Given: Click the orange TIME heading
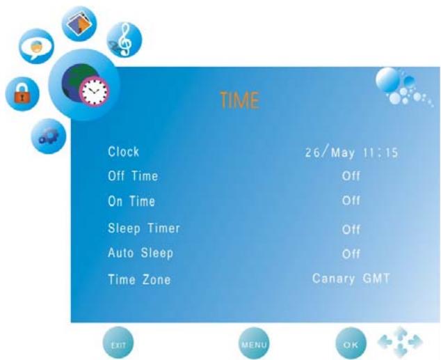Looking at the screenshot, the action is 239,100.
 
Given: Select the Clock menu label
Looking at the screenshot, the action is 124,152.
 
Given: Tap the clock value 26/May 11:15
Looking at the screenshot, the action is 351,152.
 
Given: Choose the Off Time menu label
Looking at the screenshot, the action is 133,176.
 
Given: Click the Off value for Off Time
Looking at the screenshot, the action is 351,176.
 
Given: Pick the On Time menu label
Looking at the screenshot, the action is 131,201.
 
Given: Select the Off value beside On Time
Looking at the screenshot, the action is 351,201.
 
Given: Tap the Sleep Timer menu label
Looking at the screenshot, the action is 144,228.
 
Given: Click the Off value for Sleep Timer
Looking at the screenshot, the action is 351,230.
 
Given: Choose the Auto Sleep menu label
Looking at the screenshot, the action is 141,253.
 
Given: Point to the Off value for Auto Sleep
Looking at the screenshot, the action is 351,254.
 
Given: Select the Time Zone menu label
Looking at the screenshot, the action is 140,279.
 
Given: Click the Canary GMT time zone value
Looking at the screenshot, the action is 351,279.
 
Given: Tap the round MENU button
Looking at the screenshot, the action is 254,343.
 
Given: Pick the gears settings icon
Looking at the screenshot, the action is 49,136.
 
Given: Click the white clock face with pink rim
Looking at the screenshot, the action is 94,91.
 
